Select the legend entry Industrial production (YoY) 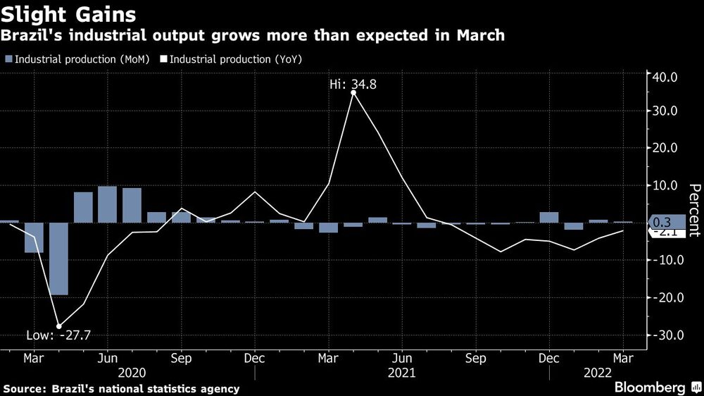(237, 60)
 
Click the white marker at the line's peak (353, 92)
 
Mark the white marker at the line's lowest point (58, 326)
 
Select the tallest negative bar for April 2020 (58, 259)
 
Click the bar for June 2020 (107, 204)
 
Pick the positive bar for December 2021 (549, 217)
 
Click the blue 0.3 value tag (665, 221)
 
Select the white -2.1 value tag (663, 232)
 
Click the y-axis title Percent (694, 210)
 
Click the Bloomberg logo (650, 388)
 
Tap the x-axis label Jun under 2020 (107, 357)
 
